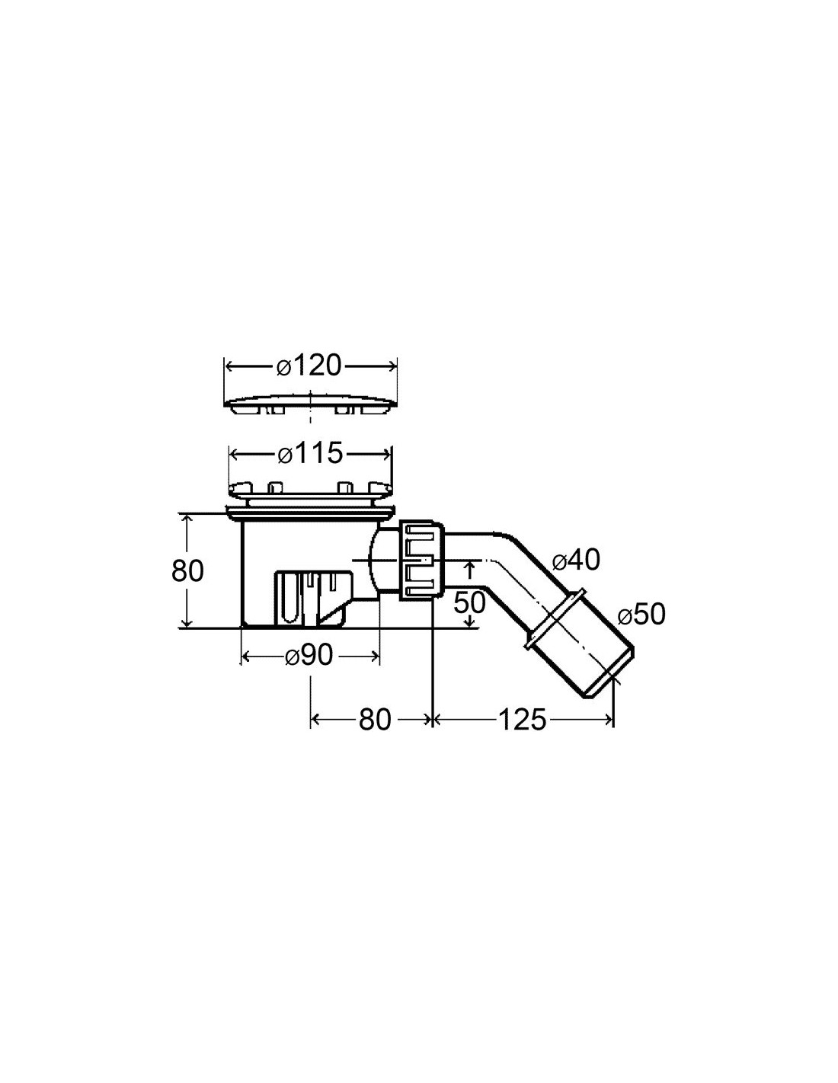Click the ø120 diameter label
click(309, 366)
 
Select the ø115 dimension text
click(311, 453)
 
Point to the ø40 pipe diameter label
click(576, 561)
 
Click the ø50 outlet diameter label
click(641, 615)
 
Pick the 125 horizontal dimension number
click(522, 720)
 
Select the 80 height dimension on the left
click(187, 570)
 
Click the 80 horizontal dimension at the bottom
click(375, 720)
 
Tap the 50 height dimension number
click(469, 602)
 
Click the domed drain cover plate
click(311, 404)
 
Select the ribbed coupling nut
click(421, 559)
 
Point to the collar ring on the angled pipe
click(555, 619)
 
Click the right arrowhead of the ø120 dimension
click(392, 366)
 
